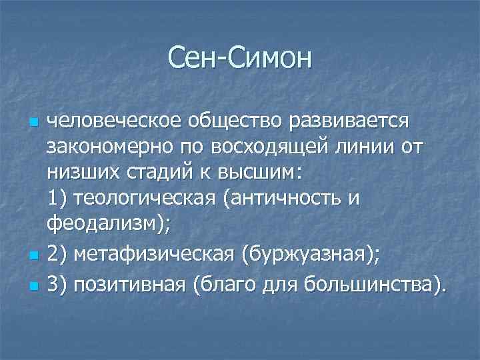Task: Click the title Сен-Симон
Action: pyautogui.click(x=240, y=58)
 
